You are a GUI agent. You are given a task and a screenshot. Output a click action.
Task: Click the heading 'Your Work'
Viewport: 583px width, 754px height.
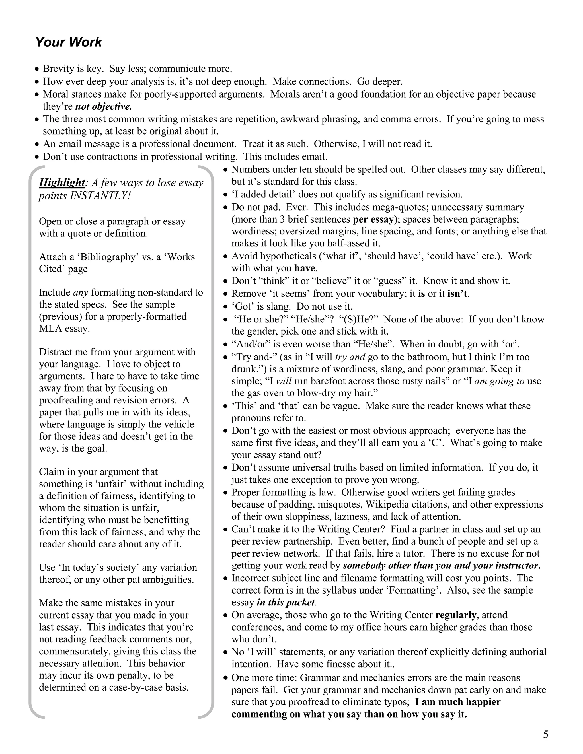coord(68,42)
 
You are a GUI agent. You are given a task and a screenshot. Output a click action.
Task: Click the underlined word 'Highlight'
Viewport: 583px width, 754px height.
coord(62,182)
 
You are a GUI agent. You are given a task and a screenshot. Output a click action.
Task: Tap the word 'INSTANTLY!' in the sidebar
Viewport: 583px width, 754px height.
coord(100,195)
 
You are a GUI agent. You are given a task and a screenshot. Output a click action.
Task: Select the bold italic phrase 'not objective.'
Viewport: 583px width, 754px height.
coord(104,106)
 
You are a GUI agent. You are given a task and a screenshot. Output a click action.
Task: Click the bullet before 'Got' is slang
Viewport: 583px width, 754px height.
coord(225,307)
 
